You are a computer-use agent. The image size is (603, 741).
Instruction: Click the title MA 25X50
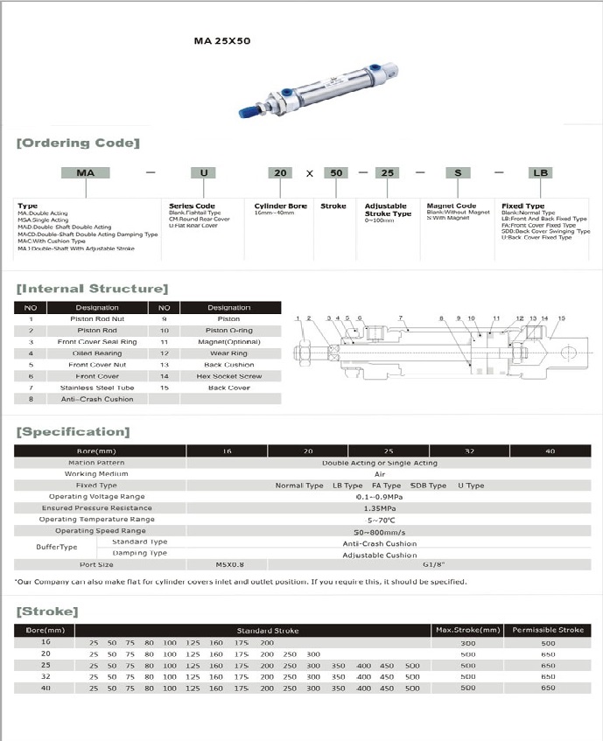point(221,41)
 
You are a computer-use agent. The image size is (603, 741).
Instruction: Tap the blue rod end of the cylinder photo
point(249,111)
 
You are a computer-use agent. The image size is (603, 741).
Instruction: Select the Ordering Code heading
point(78,143)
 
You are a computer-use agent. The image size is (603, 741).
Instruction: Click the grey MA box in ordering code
point(86,173)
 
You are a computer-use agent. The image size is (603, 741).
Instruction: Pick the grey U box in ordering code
point(204,173)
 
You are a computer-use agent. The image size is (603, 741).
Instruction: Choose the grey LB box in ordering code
point(540,173)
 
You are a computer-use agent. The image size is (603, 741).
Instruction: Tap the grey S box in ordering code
point(457,173)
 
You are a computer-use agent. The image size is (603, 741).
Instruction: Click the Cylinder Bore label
point(280,206)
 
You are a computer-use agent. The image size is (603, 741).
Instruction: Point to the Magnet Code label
point(451,206)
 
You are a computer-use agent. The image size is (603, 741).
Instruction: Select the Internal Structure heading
point(92,289)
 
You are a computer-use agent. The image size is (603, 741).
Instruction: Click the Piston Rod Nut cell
point(97,319)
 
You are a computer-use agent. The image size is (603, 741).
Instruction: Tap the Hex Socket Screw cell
point(228,376)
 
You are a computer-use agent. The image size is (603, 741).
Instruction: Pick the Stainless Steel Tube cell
point(97,388)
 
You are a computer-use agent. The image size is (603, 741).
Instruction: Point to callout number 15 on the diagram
point(561,318)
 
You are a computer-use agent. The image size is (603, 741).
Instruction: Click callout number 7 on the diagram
point(400,318)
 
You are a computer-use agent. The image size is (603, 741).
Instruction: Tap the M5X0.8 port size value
point(229,564)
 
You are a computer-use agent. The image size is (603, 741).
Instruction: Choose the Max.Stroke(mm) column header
point(468,630)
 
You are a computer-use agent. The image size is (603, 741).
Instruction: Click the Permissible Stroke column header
point(548,630)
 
